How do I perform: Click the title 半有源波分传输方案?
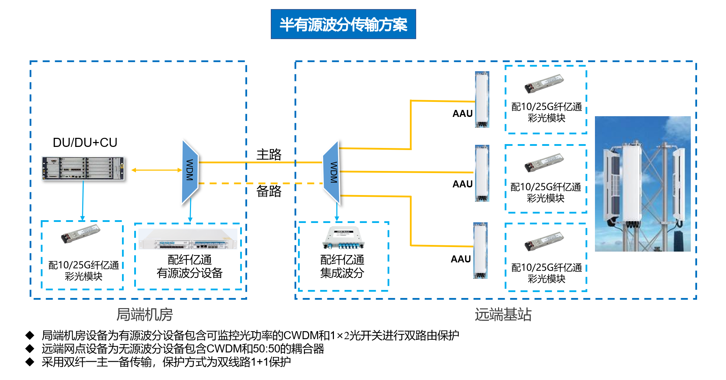(x=343, y=24)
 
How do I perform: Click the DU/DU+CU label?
(x=85, y=142)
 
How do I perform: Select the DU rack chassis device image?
(x=83, y=169)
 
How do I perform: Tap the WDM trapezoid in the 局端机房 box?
(x=190, y=171)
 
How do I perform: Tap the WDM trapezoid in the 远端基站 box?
(x=332, y=172)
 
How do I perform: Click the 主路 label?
(x=269, y=154)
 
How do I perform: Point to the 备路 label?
(x=269, y=191)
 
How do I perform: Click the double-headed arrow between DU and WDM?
(x=156, y=170)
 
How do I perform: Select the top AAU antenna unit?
(x=482, y=99)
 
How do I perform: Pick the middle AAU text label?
(x=462, y=184)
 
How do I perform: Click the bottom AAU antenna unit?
(x=480, y=251)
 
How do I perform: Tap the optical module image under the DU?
(x=81, y=233)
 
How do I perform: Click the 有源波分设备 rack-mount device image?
(x=188, y=239)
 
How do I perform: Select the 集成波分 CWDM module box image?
(x=343, y=238)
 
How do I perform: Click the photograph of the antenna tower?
(x=642, y=184)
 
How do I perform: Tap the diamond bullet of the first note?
(x=30, y=336)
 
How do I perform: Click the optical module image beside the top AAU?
(x=544, y=83)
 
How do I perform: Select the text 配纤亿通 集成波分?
(x=342, y=267)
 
